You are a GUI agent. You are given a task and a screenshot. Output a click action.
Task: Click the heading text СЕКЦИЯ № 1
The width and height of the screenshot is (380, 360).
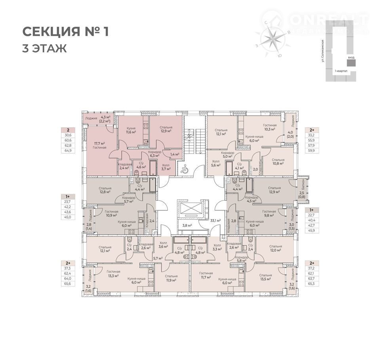pyautogui.click(x=65, y=32)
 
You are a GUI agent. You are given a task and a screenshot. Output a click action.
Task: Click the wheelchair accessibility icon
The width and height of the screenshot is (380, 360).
pyautogui.click(x=184, y=170)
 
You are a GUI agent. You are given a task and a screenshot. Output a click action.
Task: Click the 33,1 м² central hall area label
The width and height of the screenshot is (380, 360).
pyautogui.click(x=215, y=220)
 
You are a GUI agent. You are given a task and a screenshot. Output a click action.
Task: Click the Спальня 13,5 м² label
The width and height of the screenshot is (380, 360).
pyautogui.click(x=266, y=277)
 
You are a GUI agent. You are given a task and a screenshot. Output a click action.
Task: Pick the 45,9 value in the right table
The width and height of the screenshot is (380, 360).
pyautogui.click(x=312, y=230)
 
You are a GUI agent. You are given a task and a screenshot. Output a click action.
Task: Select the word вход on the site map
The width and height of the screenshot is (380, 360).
pyautogui.click(x=351, y=57)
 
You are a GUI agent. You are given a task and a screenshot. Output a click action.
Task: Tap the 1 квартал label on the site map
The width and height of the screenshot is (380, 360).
pyautogui.click(x=341, y=71)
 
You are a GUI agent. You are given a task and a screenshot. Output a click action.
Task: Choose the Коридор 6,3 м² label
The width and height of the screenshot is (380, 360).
pyautogui.click(x=154, y=153)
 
